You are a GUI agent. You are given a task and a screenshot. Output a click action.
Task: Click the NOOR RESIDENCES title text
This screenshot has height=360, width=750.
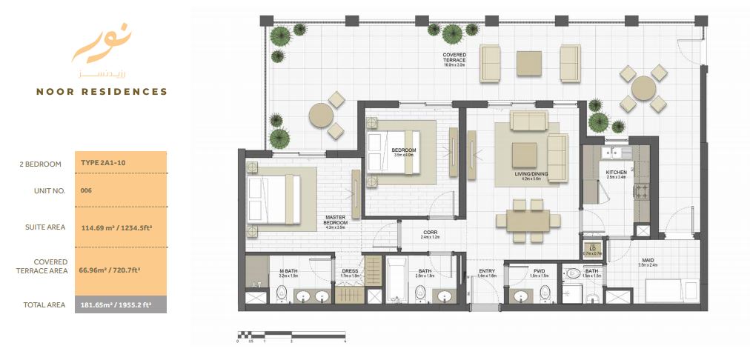(x=102, y=92)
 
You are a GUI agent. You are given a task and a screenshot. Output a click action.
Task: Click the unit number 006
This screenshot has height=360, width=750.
(x=86, y=190)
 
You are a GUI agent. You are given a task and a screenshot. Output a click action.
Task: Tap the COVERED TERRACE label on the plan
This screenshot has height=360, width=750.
(x=454, y=58)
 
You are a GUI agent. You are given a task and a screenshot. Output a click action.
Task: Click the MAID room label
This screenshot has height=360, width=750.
(x=648, y=261)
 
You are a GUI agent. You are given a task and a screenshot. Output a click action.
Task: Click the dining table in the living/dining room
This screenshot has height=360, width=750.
(x=528, y=220)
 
